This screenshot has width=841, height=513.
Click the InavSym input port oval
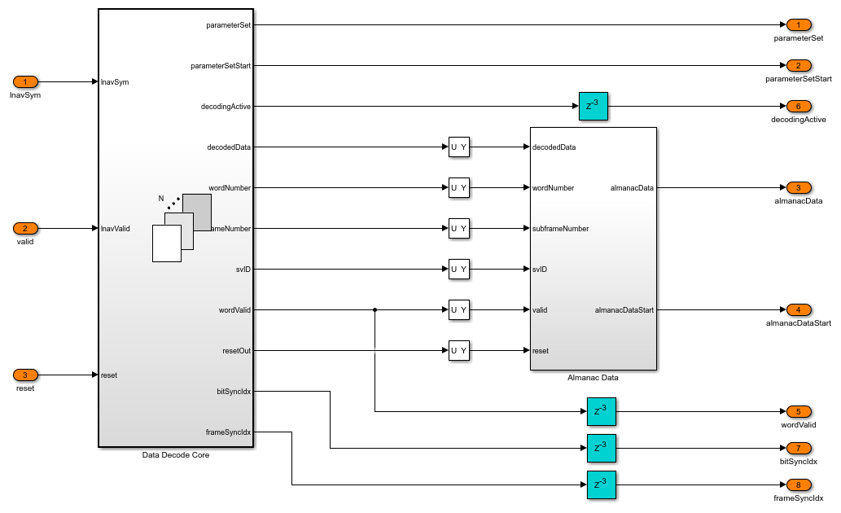click(x=25, y=82)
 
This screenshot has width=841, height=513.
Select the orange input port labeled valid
click(x=25, y=229)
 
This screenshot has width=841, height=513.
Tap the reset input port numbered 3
click(x=25, y=375)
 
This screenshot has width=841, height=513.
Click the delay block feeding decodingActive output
click(x=594, y=107)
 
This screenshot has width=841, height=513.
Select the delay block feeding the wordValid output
click(x=601, y=411)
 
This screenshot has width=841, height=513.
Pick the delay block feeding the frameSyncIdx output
click(x=601, y=484)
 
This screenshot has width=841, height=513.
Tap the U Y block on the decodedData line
click(x=459, y=147)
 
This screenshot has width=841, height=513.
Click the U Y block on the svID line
click(x=459, y=270)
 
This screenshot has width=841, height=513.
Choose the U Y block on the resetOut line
click(x=459, y=351)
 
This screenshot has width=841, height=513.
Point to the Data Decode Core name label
click(x=176, y=455)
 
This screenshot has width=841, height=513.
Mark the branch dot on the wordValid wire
click(x=375, y=310)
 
